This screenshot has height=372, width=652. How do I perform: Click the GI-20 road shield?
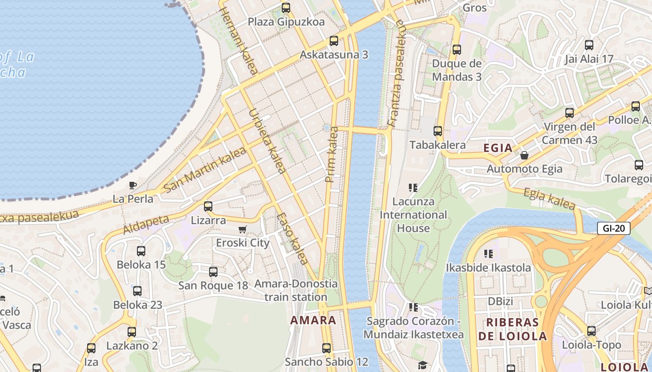[x=613, y=228]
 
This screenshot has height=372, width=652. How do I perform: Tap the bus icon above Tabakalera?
[x=437, y=131]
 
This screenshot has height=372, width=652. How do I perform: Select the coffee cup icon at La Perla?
[x=133, y=185]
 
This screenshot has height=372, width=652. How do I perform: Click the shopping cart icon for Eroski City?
[x=242, y=229]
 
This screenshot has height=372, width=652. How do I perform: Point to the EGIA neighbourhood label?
[x=498, y=148]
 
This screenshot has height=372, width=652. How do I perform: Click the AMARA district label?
[x=313, y=320]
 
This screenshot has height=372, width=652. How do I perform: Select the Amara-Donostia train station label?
[x=296, y=290]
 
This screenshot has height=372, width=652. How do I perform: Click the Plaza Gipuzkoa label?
[x=286, y=22]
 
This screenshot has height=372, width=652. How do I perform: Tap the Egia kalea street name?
[x=550, y=199]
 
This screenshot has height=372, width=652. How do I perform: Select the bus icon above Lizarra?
[x=208, y=206]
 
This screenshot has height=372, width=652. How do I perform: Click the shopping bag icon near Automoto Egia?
[x=524, y=155]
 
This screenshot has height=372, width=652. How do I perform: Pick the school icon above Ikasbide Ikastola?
[x=488, y=254]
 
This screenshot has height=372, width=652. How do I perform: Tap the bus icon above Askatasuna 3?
[x=334, y=40]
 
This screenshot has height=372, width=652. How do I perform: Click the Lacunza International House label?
[x=413, y=215]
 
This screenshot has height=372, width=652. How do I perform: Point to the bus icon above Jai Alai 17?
[x=589, y=45]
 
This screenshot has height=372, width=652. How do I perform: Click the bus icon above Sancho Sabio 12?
[x=326, y=348]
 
